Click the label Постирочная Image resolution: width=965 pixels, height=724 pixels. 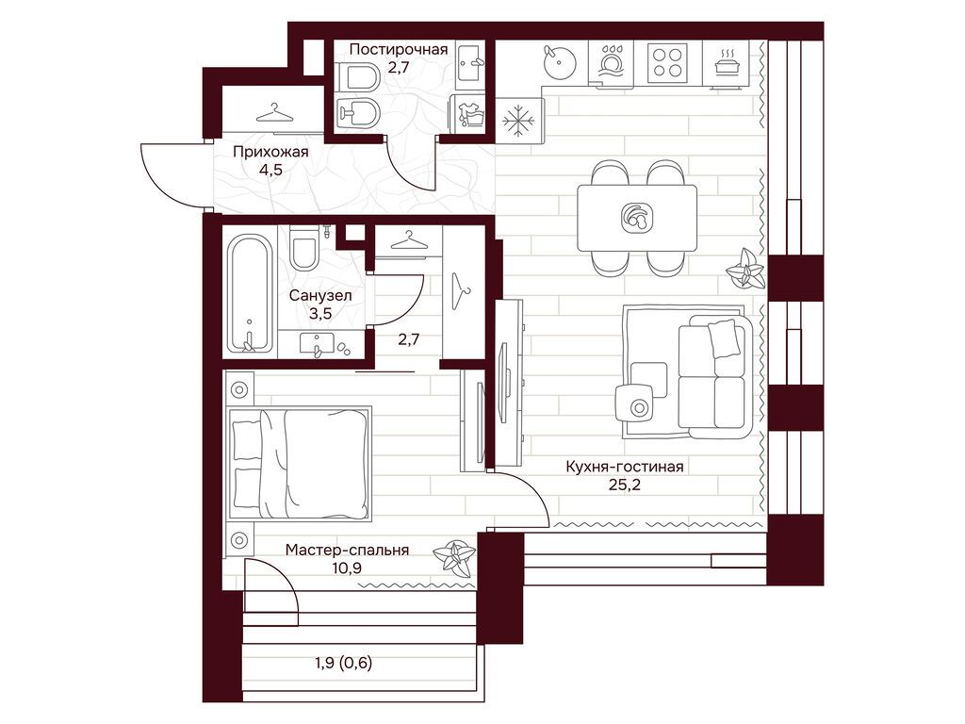[x=399, y=49]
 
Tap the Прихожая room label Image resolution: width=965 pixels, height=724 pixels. [x=270, y=152]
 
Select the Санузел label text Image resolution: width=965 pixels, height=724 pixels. [x=320, y=295]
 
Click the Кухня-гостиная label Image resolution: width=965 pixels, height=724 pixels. [x=625, y=467]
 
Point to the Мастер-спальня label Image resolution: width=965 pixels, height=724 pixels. [x=347, y=550]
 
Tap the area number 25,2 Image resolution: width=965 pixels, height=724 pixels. [x=625, y=485]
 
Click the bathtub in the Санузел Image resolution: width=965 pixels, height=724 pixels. [x=249, y=293]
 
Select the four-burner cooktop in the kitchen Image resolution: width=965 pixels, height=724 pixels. [x=667, y=61]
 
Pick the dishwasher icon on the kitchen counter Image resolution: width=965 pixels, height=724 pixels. [x=610, y=61]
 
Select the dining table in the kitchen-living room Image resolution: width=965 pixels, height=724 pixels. [x=637, y=218]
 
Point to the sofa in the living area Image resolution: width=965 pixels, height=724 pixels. [x=715, y=377]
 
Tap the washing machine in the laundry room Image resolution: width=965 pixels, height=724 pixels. [x=469, y=115]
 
